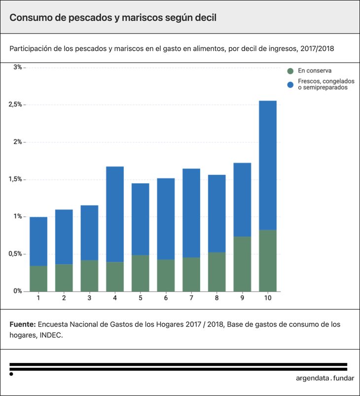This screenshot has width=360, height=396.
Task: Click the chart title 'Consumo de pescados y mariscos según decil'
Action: [113, 17]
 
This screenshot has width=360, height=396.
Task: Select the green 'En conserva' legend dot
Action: [290, 71]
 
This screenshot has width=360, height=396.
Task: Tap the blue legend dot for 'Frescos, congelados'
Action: [290, 84]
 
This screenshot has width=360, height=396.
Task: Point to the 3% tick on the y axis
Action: [18, 67]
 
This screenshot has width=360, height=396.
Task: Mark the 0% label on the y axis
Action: [18, 291]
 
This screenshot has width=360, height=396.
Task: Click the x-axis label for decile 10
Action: [267, 298]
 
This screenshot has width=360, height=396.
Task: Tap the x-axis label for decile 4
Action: [115, 298]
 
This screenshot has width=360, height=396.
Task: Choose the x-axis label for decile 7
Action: [191, 298]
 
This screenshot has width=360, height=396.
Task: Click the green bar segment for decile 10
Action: [267, 261]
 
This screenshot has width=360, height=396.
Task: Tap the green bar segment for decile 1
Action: [38, 278]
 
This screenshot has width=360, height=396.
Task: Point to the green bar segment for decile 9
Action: [242, 264]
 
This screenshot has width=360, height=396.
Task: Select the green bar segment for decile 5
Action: [140, 273]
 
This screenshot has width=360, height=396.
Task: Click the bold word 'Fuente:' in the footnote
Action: [22, 325]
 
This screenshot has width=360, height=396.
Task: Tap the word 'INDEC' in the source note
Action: [51, 335]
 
